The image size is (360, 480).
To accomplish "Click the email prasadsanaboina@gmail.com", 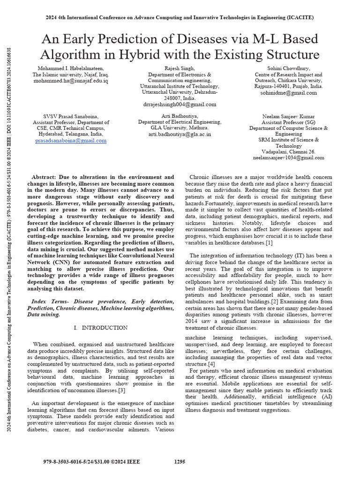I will point(71,141).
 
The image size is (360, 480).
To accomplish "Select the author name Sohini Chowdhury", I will point(288,68).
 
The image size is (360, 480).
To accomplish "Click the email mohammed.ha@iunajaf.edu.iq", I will point(70,81).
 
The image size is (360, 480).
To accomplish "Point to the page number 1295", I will point(180,462).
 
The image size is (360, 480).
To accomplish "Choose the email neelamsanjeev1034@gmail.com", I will point(288,158).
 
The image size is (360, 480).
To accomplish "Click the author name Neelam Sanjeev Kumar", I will point(288,116).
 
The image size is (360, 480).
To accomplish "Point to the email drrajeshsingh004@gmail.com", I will point(180,105).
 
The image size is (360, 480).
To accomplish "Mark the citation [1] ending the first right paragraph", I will point(269,243).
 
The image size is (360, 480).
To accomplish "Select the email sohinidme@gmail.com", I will point(288,93).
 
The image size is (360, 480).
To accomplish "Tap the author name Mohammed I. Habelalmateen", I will point(70,68).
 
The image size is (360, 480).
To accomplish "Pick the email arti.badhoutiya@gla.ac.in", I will point(180,134).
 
